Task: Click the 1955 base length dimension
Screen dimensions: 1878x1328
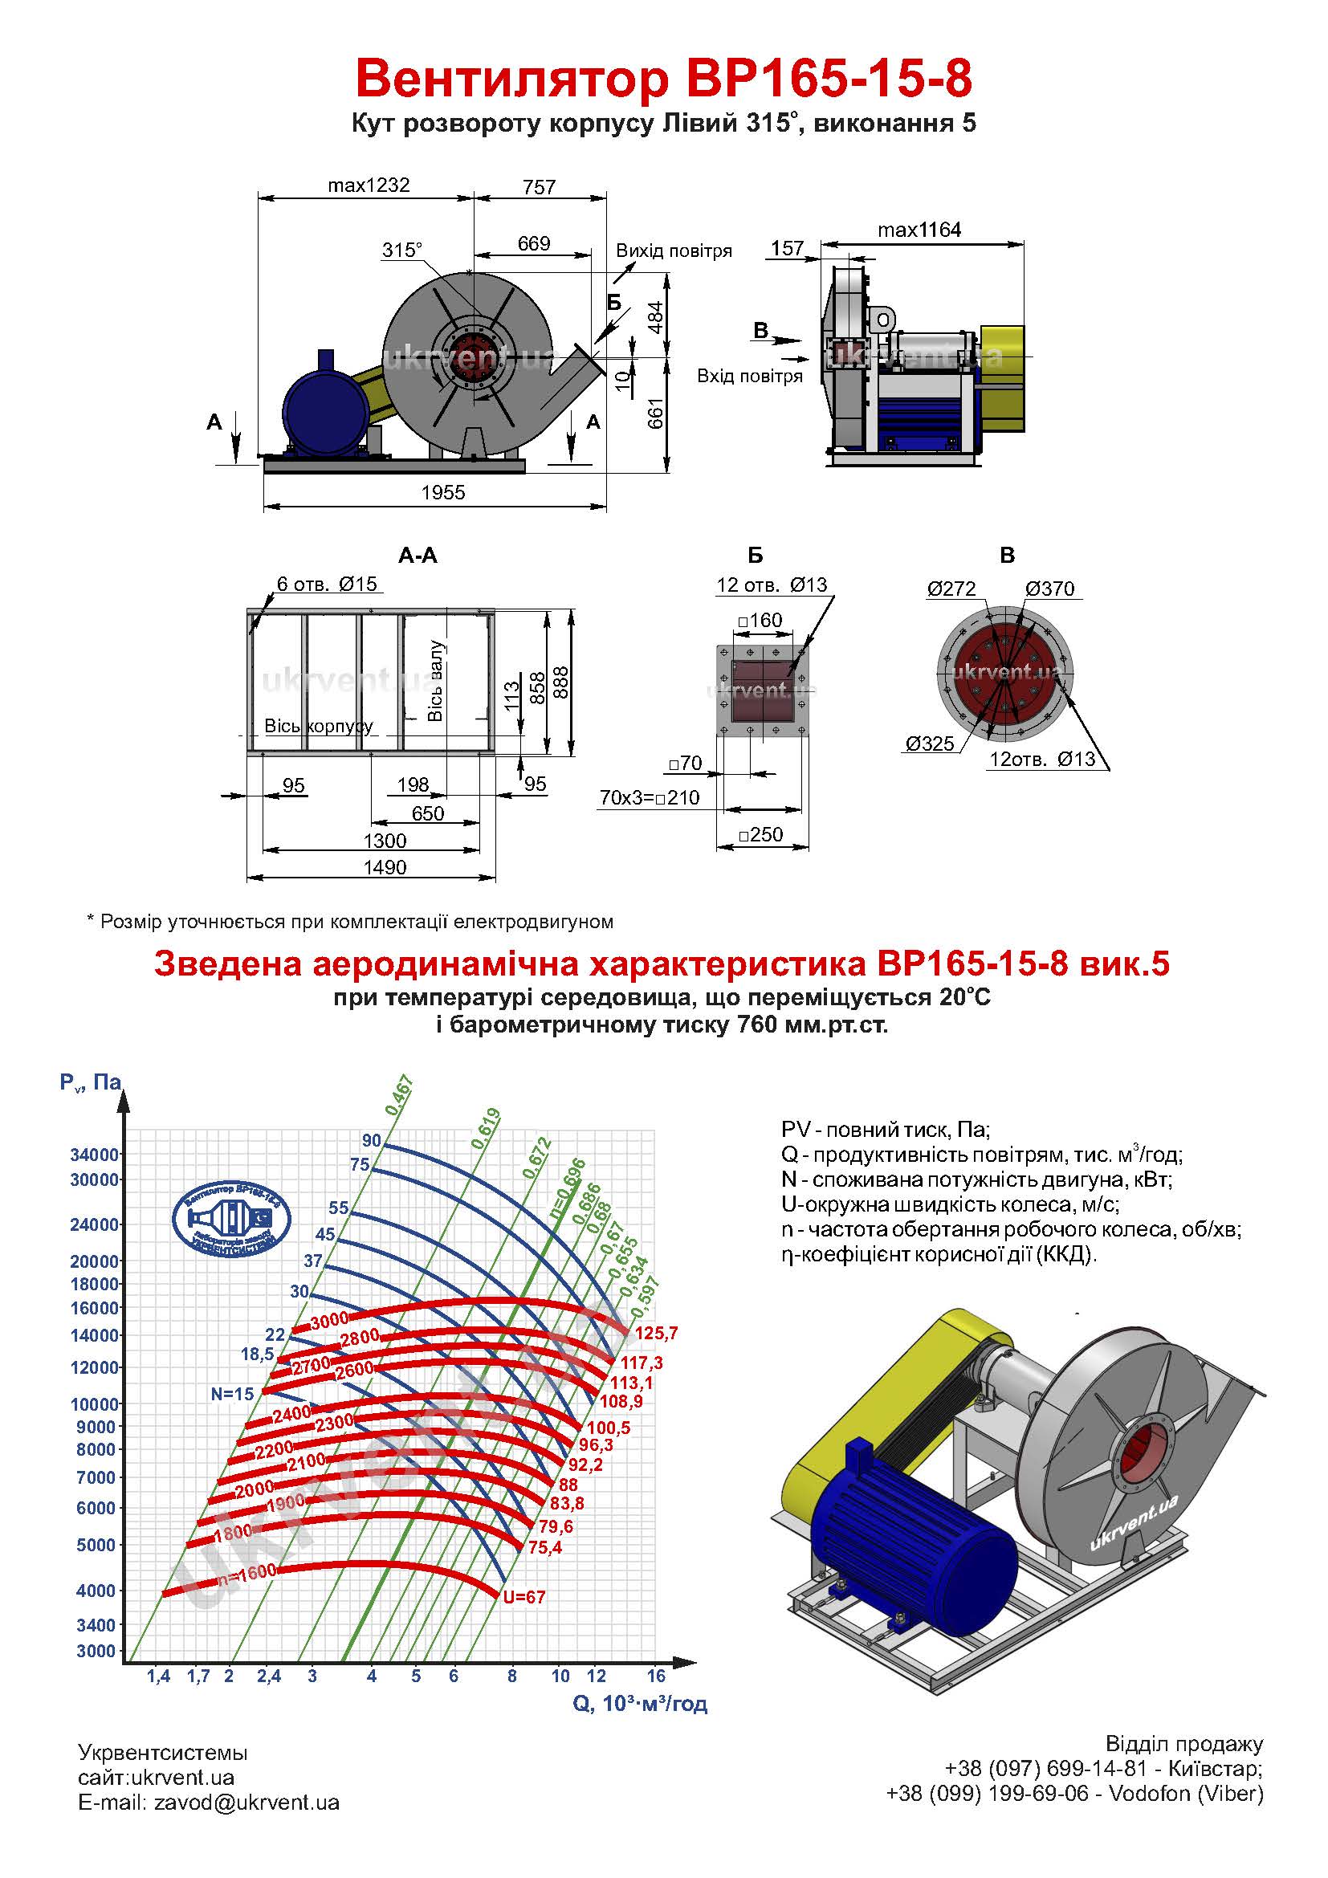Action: [x=443, y=492]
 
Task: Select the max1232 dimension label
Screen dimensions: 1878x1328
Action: [x=368, y=185]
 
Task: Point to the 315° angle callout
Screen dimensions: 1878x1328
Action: [x=402, y=250]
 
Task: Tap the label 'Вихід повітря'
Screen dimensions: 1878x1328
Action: [x=674, y=251]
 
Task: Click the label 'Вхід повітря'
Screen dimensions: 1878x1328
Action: [x=749, y=377]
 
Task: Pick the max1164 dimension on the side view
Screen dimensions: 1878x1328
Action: [x=919, y=230]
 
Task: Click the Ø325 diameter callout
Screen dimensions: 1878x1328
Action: [x=930, y=743]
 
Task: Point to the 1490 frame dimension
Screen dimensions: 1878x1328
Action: [x=385, y=867]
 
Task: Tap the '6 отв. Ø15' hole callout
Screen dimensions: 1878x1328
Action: [x=327, y=584]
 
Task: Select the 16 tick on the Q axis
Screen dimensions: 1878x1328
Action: [x=656, y=1676]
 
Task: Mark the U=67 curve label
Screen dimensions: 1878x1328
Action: [x=524, y=1597]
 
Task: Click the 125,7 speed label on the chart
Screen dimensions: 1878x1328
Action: [x=656, y=1334]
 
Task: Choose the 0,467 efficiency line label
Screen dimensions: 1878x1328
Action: [x=400, y=1096]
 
